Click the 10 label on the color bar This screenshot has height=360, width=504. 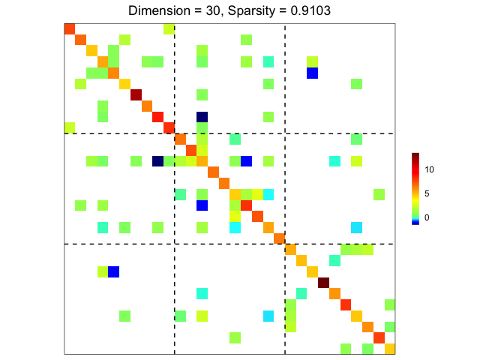tap(430, 169)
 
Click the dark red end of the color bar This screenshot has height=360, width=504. tap(415, 155)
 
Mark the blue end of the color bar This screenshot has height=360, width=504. tap(415, 222)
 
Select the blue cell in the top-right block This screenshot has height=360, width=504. tap(312, 73)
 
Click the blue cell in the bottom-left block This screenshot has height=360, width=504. tap(114, 271)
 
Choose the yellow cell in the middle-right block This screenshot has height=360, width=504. tap(356, 160)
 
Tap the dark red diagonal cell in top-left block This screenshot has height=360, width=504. tap(136, 94)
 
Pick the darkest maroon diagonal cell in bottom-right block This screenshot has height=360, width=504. tap(323, 282)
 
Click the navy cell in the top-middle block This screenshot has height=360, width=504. tap(202, 116)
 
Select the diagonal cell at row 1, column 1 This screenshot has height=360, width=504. tap(70, 28)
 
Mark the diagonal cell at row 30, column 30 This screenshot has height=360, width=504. tap(389, 348)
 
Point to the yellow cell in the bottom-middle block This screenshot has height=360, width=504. tap(202, 315)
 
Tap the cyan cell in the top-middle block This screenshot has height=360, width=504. tap(268, 61)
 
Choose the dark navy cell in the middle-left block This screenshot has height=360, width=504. tap(157, 160)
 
